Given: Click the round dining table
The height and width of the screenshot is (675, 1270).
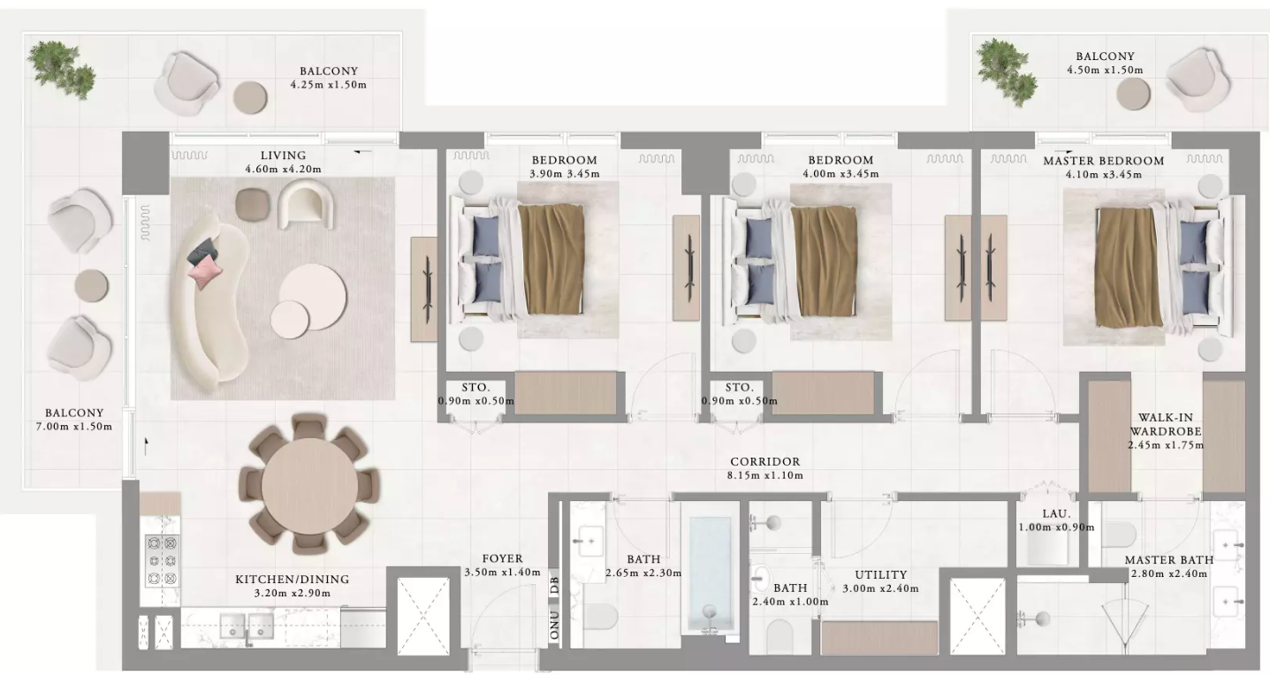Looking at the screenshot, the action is (309, 485).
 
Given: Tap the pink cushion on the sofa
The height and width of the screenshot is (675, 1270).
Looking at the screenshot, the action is (205, 270).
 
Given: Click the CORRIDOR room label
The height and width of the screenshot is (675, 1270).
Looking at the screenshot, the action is (764, 461).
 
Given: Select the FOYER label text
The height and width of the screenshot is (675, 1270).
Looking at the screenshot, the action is (502, 558).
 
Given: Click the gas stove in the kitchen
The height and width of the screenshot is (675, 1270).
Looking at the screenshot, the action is (162, 560).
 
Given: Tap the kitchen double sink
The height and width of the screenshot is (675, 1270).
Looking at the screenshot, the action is (247, 626).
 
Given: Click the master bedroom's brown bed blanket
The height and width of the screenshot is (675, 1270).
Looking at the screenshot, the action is (1126, 267).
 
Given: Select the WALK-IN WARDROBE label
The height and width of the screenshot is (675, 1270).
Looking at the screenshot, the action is (1165, 424).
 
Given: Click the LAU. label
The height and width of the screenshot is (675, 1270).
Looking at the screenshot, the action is (1056, 514).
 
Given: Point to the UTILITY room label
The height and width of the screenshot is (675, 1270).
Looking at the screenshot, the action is (880, 574).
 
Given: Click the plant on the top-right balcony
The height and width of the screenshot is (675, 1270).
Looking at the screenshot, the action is (1007, 72).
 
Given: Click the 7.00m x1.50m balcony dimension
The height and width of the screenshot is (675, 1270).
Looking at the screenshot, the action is (74, 427).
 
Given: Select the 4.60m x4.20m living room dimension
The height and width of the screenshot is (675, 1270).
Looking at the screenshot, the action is (283, 169).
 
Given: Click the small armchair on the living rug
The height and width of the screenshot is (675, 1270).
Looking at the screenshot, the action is (305, 204).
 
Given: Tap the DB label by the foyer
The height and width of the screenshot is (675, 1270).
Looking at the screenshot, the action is (554, 584).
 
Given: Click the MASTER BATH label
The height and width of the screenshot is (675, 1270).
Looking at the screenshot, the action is (1169, 560).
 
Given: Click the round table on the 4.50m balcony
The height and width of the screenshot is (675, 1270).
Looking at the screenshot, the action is (1133, 94).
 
